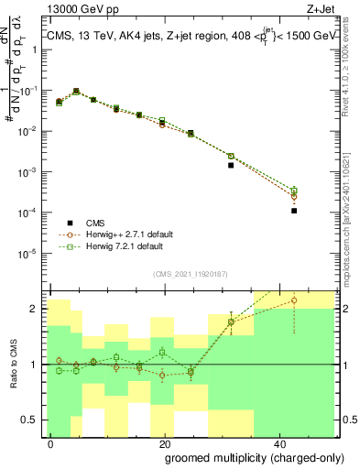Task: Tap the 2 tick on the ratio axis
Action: click(x=38, y=309)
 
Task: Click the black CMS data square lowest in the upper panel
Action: click(x=294, y=211)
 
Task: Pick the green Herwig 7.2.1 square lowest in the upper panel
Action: click(x=294, y=191)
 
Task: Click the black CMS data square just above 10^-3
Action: click(x=231, y=166)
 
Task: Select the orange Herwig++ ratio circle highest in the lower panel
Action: click(x=294, y=300)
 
